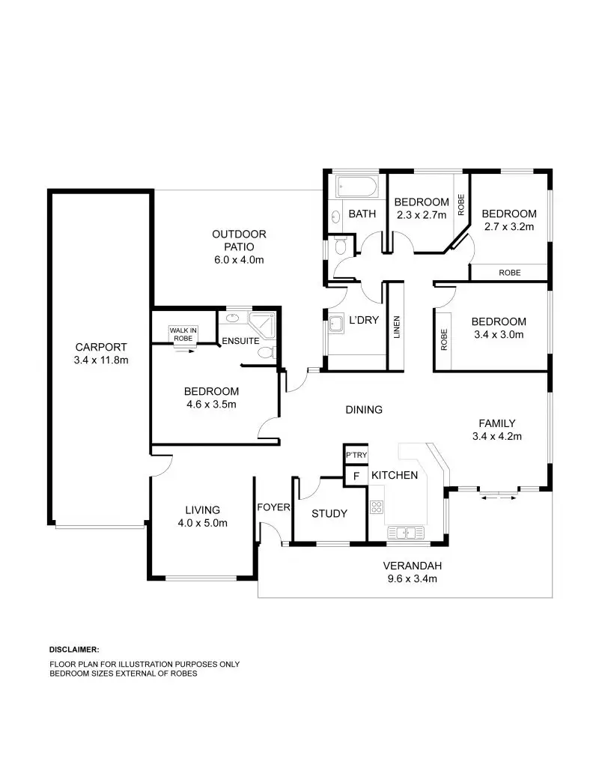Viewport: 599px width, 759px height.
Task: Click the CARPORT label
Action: click(x=101, y=347)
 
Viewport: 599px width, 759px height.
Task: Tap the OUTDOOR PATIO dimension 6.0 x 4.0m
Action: click(x=239, y=260)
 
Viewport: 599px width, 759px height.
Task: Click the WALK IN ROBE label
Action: click(x=183, y=334)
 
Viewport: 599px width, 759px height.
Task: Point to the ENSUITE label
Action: click(x=240, y=341)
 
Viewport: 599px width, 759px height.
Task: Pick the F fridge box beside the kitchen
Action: click(x=356, y=476)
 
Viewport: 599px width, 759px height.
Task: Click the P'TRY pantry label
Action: click(x=356, y=455)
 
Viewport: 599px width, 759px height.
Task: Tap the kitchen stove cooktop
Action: click(x=376, y=506)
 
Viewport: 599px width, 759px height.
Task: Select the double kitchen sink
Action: click(x=405, y=533)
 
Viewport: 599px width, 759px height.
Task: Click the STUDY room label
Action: click(x=329, y=513)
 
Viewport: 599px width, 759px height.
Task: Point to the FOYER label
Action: click(x=273, y=507)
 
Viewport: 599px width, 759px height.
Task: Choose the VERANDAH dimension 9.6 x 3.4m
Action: click(x=410, y=578)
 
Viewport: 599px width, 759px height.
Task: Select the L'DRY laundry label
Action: click(x=364, y=320)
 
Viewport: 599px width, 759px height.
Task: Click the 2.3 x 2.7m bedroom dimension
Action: click(x=421, y=214)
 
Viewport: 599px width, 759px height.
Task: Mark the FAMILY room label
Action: click(x=497, y=423)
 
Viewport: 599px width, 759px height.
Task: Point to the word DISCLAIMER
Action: click(x=74, y=649)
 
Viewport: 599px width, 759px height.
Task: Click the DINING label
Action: click(x=364, y=410)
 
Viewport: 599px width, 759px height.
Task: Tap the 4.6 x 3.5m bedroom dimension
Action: click(x=211, y=404)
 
